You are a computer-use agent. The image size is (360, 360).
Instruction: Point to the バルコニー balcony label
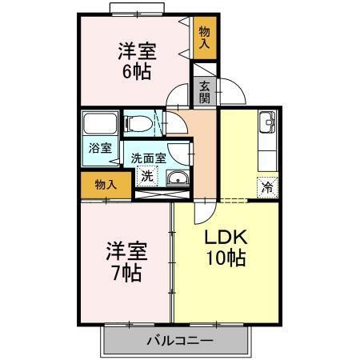179,340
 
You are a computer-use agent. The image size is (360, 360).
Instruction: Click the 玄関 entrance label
204,92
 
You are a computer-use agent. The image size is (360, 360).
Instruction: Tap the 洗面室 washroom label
149,158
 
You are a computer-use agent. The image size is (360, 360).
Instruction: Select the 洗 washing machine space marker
146,176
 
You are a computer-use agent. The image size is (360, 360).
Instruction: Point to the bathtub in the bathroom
98,126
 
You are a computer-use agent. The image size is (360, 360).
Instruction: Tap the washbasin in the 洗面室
178,178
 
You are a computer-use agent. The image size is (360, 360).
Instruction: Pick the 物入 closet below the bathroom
105,184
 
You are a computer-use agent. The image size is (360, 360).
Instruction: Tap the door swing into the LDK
205,212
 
